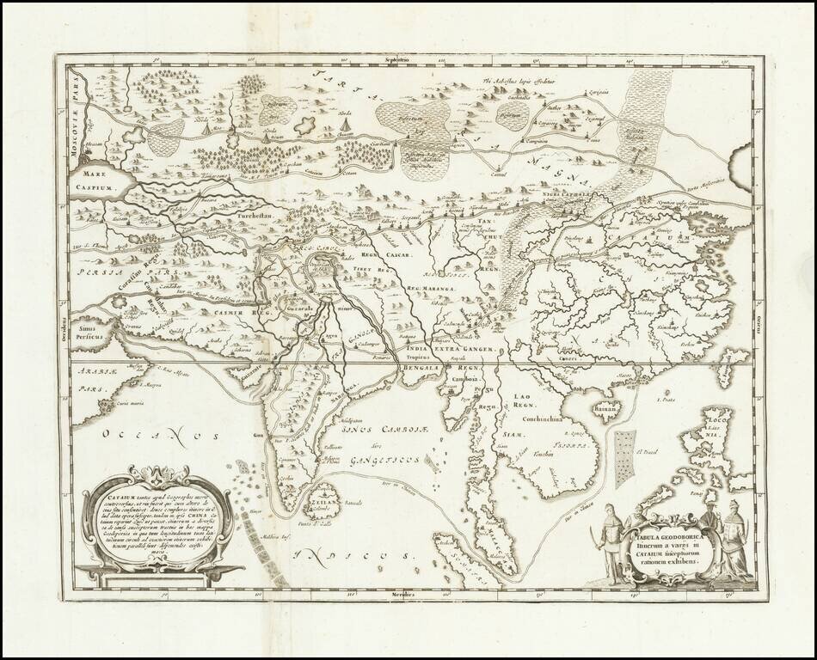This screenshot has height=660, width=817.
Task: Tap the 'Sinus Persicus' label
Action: click(x=88, y=331)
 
